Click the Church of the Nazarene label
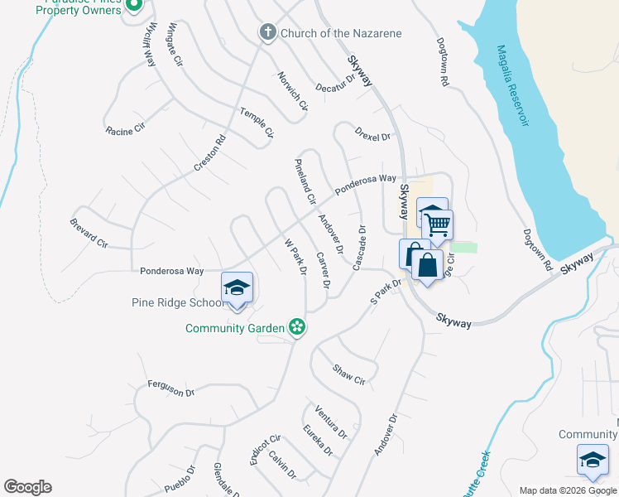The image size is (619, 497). [x=341, y=33]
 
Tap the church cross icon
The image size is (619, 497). [x=267, y=32]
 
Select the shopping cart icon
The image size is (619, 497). [x=437, y=222]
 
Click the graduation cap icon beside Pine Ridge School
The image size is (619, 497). [x=238, y=287]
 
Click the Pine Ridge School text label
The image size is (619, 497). [x=174, y=302]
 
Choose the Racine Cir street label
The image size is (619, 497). [x=125, y=130]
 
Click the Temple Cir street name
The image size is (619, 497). [x=257, y=122]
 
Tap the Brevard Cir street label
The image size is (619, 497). [x=89, y=233]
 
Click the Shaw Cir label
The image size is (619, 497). [x=348, y=374]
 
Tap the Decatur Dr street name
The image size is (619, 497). [x=336, y=83]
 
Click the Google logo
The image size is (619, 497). [x=27, y=487]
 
